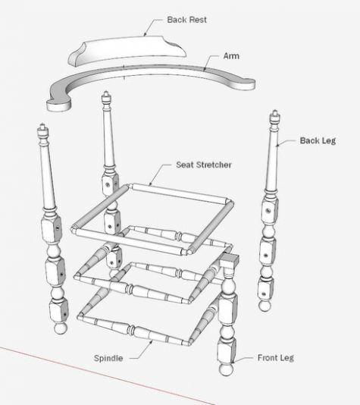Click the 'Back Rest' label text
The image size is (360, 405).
(x=187, y=20)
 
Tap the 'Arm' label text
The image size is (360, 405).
(x=231, y=56)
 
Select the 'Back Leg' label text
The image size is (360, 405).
(x=318, y=140)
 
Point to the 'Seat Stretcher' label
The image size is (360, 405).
(x=204, y=165)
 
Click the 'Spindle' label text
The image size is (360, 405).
(x=108, y=358)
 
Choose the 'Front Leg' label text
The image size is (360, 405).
(x=276, y=358)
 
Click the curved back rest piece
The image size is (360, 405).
(x=127, y=50)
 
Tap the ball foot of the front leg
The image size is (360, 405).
(x=226, y=369)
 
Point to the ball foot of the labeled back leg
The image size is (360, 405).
(x=265, y=306)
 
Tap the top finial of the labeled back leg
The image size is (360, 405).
(x=275, y=117)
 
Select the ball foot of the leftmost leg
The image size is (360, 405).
(x=61, y=328)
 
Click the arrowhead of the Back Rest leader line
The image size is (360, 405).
(x=145, y=35)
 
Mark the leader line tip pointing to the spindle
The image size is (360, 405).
(x=152, y=341)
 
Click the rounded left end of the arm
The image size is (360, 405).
(x=58, y=105)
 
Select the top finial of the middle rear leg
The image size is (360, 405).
(x=106, y=98)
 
